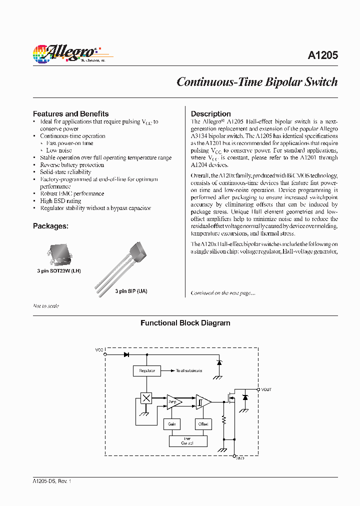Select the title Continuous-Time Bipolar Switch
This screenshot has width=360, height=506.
tap(257, 82)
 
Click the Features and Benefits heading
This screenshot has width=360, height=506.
tap(70, 113)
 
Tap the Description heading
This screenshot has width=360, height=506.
tap(210, 113)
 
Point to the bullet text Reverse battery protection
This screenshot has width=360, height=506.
tap(72, 165)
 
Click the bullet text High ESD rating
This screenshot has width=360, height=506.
tap(60, 201)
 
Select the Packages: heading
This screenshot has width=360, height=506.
tap(50, 226)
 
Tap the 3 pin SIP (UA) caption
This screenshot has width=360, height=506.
tap(131, 291)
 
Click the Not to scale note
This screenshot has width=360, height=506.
tap(46, 306)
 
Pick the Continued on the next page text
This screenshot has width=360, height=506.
tap(223, 293)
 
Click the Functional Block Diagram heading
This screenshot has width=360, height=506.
tap(185, 323)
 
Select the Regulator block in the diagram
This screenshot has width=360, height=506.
tap(147, 371)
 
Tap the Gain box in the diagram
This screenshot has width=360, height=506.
tap(171, 424)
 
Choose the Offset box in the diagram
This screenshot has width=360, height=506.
tap(203, 424)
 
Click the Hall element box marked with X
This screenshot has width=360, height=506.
tap(146, 398)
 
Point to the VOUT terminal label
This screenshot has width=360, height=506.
tap(266, 389)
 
